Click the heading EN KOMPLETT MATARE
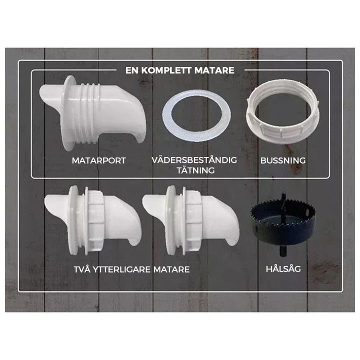(x=179, y=70)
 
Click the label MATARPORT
(x=98, y=161)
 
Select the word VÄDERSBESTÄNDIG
(x=194, y=160)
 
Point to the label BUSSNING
(x=283, y=161)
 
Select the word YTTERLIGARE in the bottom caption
(x=120, y=269)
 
